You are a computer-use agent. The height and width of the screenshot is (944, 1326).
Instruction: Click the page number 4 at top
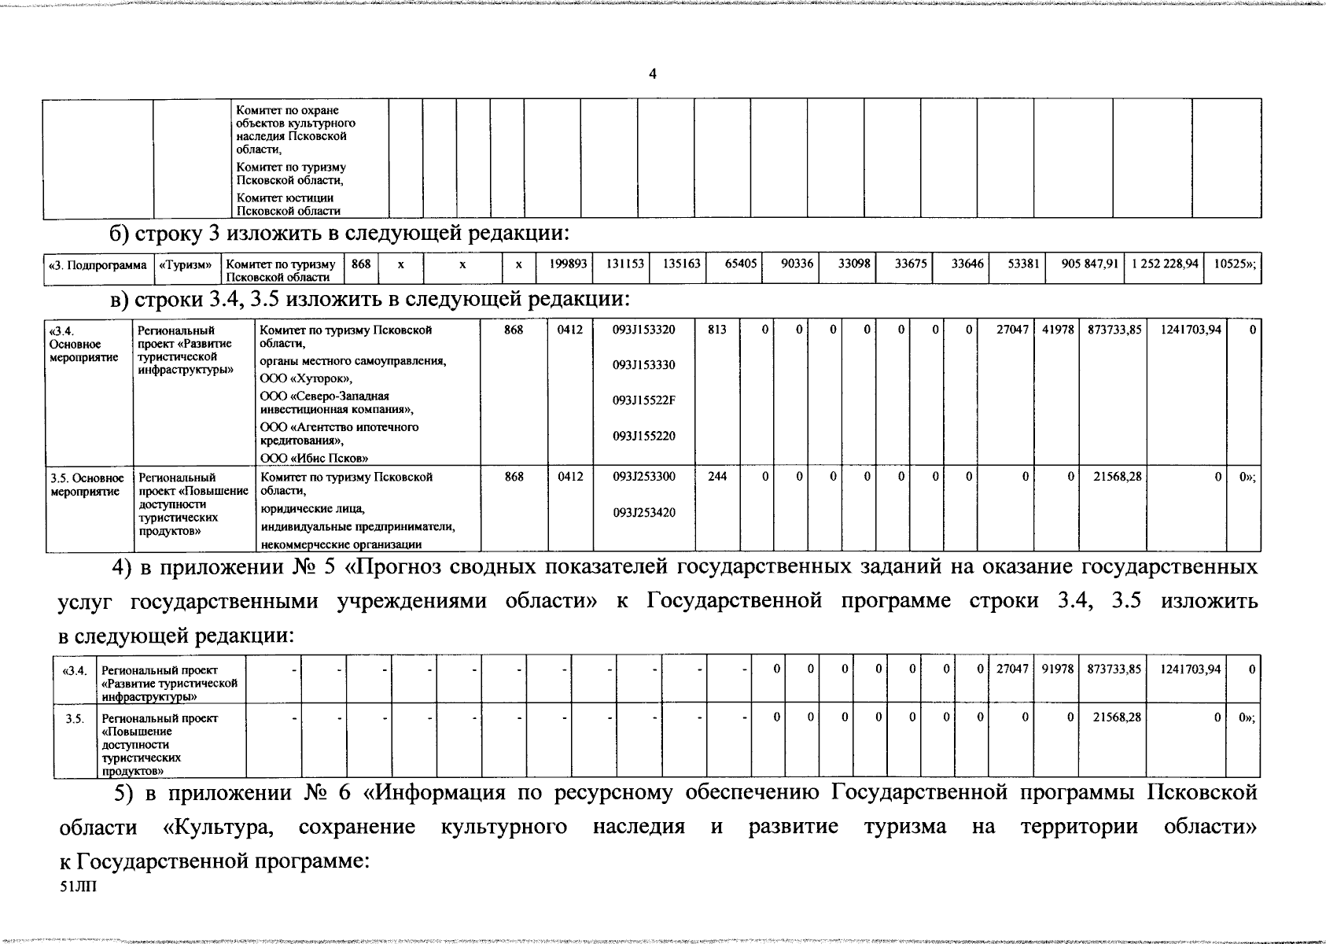pos(652,74)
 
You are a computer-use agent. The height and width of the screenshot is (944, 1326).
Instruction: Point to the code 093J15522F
pos(643,400)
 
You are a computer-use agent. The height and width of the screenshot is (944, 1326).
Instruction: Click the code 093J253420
pos(643,513)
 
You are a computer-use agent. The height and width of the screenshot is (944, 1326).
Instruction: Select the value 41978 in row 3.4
pos(1058,330)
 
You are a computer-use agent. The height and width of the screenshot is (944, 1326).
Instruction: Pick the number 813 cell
pos(716,330)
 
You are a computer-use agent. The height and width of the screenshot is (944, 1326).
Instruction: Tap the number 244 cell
pos(716,476)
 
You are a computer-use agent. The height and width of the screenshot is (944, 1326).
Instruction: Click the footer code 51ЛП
pos(76,887)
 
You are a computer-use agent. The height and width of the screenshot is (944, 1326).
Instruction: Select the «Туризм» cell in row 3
pos(186,265)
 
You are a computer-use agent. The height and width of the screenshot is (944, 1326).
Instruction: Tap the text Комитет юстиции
pos(285,198)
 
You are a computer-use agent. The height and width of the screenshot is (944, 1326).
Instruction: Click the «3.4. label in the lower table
pos(74,669)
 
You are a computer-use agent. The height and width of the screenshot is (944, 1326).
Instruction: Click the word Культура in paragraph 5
pos(218,828)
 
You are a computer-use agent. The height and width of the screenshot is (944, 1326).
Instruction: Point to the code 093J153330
pos(643,365)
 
